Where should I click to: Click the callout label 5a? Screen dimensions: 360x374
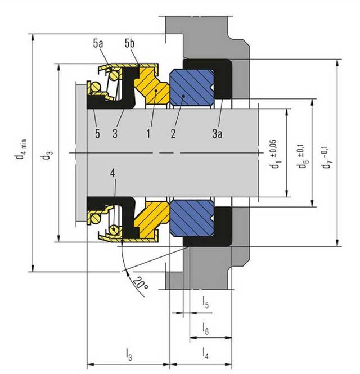[x=98, y=44]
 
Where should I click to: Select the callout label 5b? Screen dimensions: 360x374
[x=129, y=44]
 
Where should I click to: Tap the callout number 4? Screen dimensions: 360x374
[x=112, y=173]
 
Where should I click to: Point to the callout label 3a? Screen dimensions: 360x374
[x=217, y=134]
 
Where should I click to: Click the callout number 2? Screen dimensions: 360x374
[x=173, y=134]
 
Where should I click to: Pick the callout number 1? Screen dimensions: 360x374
[x=148, y=134]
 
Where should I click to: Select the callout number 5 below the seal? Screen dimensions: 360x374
[x=97, y=134]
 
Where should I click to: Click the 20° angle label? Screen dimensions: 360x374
[x=140, y=283]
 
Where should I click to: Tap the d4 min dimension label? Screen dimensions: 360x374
[x=21, y=150]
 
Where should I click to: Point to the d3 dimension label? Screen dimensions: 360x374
[x=46, y=156]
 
